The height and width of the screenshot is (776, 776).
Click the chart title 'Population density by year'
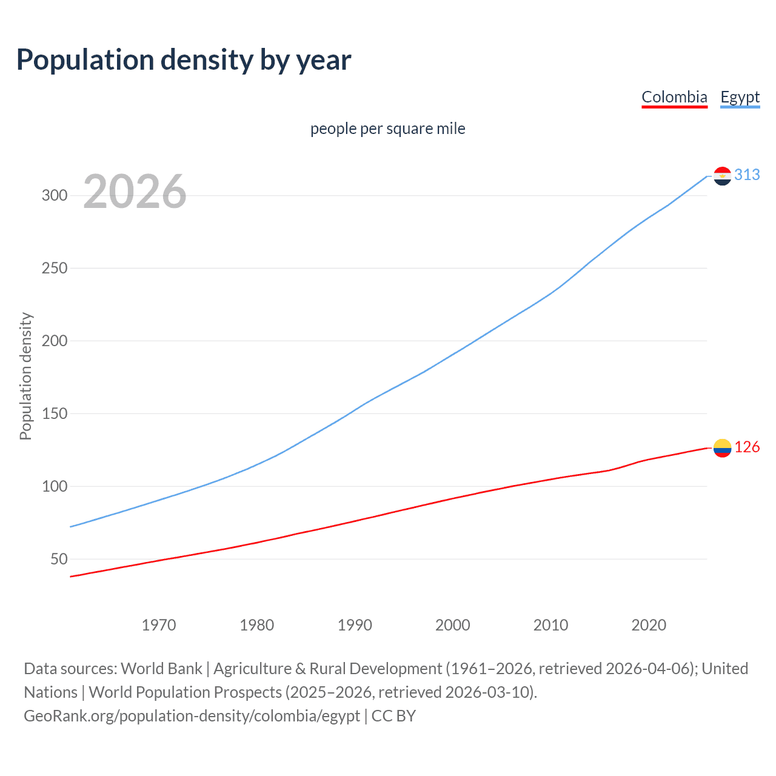184,60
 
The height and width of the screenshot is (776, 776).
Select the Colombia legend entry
674,97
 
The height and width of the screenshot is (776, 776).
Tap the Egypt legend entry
740,97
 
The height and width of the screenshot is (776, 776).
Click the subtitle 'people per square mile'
388,129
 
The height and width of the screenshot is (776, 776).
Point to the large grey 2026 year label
135,192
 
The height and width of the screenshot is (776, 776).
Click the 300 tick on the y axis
54,195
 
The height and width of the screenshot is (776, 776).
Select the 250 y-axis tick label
54,268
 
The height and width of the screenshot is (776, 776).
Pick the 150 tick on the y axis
54,413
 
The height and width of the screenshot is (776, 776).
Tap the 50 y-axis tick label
59,559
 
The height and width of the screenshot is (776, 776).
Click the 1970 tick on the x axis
159,625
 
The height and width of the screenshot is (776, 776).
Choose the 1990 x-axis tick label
355,625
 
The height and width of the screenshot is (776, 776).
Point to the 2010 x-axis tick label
550,625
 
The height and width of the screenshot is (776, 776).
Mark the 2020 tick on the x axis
649,625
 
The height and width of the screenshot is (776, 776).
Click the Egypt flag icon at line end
722,176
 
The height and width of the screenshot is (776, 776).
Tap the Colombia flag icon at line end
722,448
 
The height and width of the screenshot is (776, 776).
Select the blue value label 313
747,175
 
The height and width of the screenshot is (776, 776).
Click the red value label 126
747,447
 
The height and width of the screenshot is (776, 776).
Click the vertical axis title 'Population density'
25,376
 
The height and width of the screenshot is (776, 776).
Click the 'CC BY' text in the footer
393,716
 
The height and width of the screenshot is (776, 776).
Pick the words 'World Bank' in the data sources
161,669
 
